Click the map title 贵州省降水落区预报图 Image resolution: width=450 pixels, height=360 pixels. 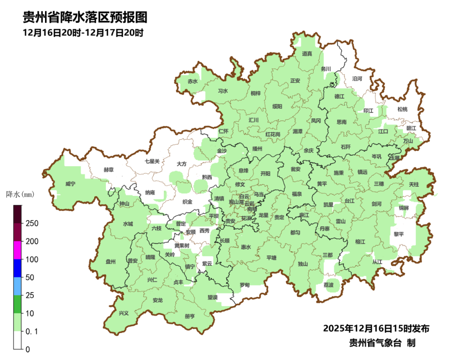[x=85, y=17]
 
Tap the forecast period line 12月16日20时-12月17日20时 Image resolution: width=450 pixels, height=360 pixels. [x=83, y=32]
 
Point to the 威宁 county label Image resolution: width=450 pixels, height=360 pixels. [x=70, y=184]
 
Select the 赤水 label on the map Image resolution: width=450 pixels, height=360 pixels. [x=192, y=81]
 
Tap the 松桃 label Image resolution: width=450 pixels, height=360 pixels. [x=402, y=109]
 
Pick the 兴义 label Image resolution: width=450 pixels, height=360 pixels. [x=124, y=313]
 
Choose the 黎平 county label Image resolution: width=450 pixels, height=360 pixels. [x=399, y=234]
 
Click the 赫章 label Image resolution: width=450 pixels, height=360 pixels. [x=109, y=170]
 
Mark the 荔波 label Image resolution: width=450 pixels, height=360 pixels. [x=328, y=285]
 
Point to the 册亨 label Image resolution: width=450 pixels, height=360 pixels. [x=190, y=316]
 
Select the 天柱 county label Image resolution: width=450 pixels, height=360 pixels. [x=414, y=184]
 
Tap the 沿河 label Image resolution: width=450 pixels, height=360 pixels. [x=357, y=78]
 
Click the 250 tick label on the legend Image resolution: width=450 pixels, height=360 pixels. [x=32, y=223]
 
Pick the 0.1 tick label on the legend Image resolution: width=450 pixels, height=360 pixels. [x=32, y=331]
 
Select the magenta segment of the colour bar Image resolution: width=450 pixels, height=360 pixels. [x=17, y=250]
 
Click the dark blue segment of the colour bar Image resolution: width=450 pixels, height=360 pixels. [x=17, y=268]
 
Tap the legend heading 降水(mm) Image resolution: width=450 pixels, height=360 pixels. [x=20, y=194]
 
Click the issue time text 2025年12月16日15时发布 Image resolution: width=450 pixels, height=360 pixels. [x=376, y=328]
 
